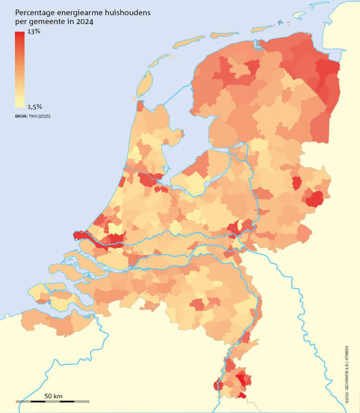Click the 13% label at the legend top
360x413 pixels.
coord(34,32)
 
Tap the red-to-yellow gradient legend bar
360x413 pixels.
coord(20,69)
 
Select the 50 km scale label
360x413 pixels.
coord(53,396)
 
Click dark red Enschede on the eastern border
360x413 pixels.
coord(315,199)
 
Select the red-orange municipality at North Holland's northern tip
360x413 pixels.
coord(140,106)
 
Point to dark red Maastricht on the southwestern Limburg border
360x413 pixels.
coord(218,385)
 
